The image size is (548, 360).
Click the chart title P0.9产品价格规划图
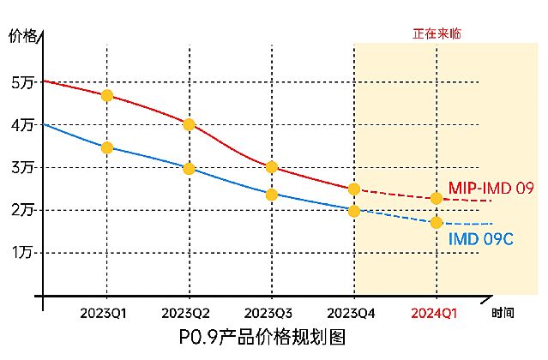(262, 337)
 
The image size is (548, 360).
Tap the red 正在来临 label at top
(437, 34)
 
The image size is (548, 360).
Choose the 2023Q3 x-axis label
(270, 314)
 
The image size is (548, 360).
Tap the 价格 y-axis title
(23, 36)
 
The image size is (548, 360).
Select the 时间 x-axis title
(503, 314)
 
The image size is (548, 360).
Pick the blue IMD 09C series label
(481, 237)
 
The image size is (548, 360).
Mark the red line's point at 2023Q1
(107, 95)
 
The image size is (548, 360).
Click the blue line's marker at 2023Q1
(107, 147)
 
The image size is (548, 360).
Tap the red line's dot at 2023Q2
(190, 124)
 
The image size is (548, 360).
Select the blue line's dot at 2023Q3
(272, 195)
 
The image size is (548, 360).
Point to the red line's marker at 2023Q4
(354, 189)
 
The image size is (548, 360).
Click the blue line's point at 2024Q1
(437, 222)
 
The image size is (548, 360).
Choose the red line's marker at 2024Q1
(437, 198)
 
